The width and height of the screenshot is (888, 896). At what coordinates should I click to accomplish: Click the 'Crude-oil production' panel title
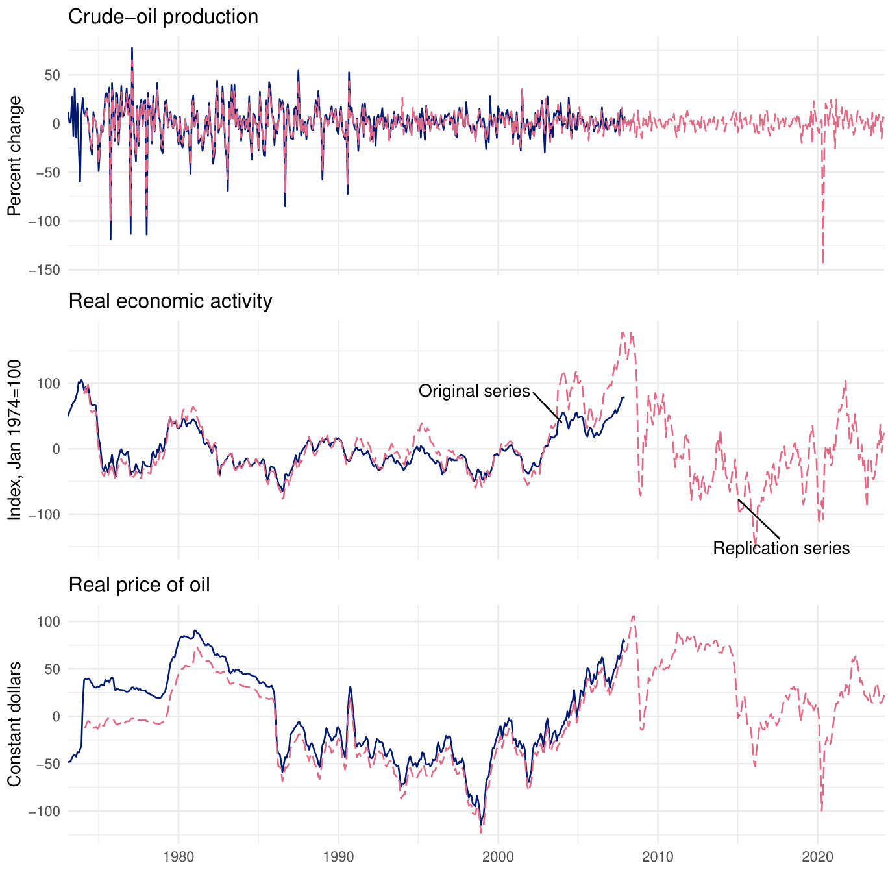pos(163,17)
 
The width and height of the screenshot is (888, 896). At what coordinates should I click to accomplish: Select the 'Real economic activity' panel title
pos(170,301)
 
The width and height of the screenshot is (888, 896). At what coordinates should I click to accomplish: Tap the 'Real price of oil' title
pos(139,585)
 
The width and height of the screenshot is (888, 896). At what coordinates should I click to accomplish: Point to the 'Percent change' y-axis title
pos(14,156)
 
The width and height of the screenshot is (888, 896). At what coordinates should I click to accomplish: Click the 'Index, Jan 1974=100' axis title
pos(14,440)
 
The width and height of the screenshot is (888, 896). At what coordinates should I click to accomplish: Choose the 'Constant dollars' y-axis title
pos(14,724)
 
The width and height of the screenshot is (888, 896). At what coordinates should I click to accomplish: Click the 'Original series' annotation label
pos(474,391)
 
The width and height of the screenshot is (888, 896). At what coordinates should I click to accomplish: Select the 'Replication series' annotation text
pos(781,548)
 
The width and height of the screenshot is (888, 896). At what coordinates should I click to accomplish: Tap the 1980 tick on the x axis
pos(179,856)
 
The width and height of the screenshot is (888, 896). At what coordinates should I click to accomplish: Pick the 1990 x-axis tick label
pos(338,856)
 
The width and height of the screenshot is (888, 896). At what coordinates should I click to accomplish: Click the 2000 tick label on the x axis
pos(498,856)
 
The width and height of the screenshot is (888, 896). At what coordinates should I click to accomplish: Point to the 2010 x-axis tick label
pos(658,856)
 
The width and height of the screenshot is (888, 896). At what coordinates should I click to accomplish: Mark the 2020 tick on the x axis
pos(817,856)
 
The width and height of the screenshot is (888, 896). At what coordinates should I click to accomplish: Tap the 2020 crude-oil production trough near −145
pos(823,262)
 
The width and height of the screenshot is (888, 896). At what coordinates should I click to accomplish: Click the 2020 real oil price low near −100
pos(822,810)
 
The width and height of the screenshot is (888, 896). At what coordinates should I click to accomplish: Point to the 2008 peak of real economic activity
pos(624,333)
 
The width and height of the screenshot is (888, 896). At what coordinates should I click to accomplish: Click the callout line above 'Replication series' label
pos(759,519)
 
